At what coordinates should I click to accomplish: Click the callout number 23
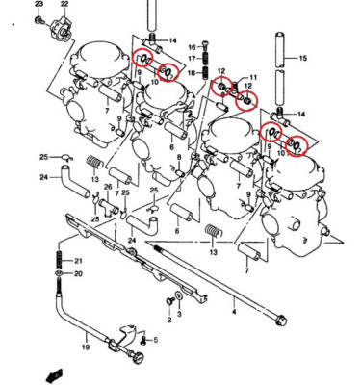tap(39, 6)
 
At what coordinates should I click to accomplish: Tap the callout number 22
tap(64, 6)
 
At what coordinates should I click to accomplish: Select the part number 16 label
tap(192, 46)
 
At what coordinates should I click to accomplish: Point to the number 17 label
tap(192, 59)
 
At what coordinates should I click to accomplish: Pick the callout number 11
tap(254, 77)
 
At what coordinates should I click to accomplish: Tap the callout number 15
tap(302, 60)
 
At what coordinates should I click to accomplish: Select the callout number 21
tap(79, 262)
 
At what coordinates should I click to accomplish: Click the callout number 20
tap(79, 274)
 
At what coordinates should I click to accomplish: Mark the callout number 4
tap(232, 312)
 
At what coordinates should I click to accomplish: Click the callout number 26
tap(109, 187)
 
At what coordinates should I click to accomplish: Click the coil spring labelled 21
tap(61, 260)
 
